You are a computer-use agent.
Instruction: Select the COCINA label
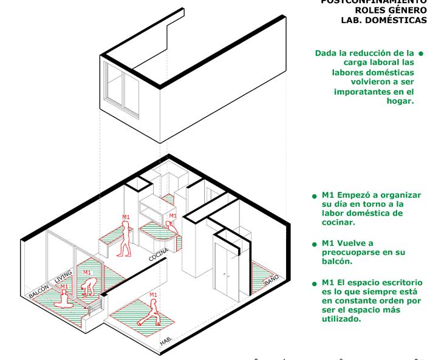coord(159,254)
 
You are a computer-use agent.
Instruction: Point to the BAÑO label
coord(272,280)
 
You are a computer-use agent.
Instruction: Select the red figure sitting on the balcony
coord(63,298)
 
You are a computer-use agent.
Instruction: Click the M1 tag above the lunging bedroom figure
coord(153,295)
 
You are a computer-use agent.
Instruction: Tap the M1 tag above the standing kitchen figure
coord(126,217)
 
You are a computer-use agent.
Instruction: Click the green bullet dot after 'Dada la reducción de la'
coord(421,53)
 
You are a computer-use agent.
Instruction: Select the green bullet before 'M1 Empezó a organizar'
coord(315,196)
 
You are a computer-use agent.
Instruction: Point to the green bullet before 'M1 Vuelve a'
coord(315,243)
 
